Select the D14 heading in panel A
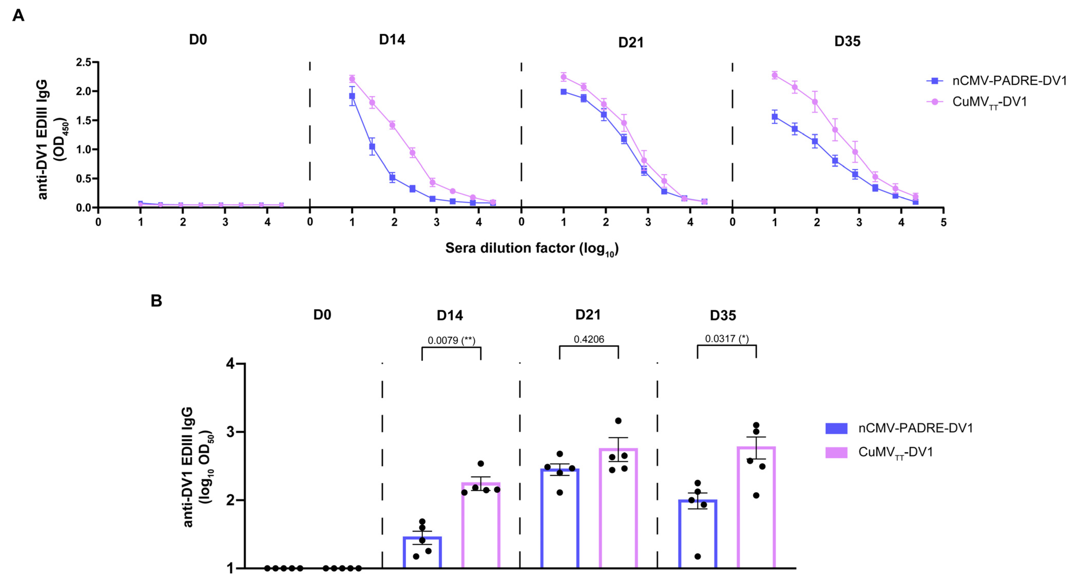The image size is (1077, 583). click(x=392, y=40)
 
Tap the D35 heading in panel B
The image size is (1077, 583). click(x=723, y=316)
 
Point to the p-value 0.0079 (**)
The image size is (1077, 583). click(x=451, y=340)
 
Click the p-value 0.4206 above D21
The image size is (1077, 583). click(x=589, y=339)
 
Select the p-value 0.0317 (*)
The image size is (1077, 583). click(x=727, y=338)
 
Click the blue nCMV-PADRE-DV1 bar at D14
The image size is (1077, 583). click(x=422, y=552)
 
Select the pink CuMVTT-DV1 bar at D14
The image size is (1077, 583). click(x=481, y=527)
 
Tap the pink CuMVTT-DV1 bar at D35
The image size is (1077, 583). click(x=756, y=508)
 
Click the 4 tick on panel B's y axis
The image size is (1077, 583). click(x=230, y=364)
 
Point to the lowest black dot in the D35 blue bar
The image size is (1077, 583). click(x=697, y=556)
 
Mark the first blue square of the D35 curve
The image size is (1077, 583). click(x=775, y=117)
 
